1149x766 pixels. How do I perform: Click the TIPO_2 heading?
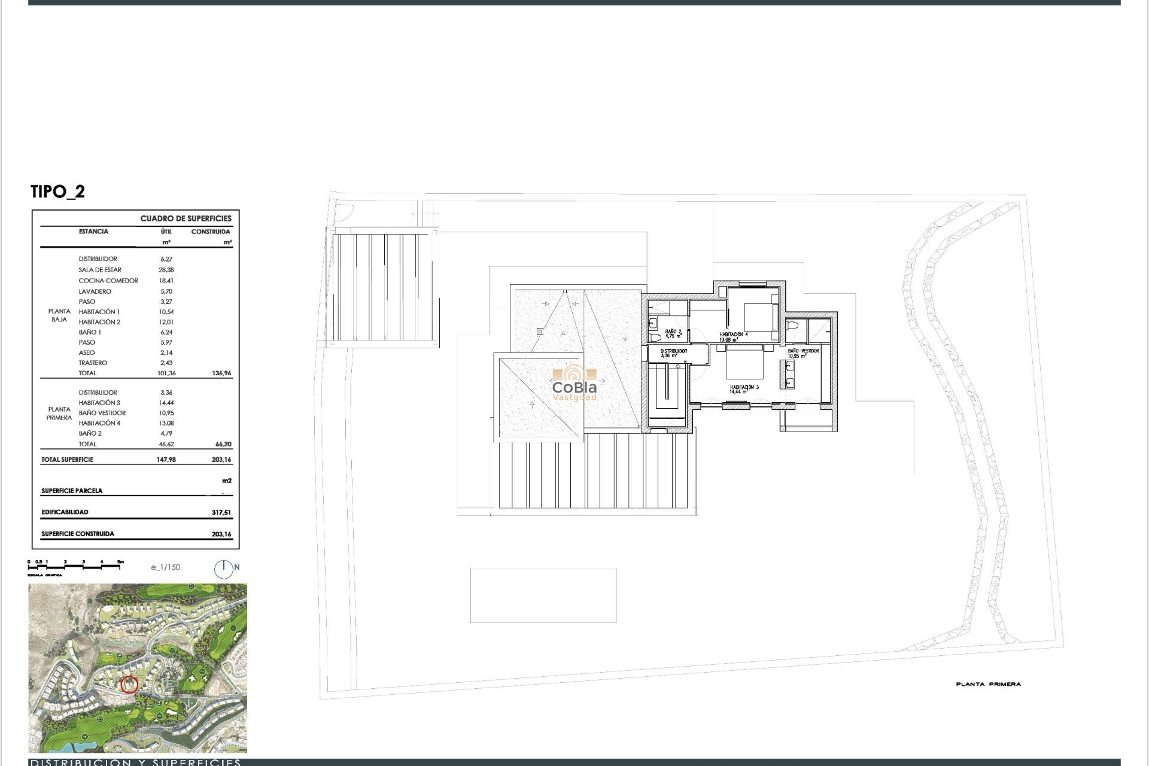[x=58, y=191]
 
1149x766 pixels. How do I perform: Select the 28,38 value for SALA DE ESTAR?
[x=166, y=270]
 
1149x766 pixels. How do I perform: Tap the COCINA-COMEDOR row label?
[x=108, y=281]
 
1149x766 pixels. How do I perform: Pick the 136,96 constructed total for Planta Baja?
[x=221, y=373]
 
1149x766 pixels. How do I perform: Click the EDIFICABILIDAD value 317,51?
[x=221, y=513]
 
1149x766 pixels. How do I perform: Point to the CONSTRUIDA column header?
[x=211, y=232]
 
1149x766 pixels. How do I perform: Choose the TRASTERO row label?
[x=93, y=363]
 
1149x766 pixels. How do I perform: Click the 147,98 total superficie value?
[x=166, y=460]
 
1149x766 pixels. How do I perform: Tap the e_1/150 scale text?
[x=166, y=567]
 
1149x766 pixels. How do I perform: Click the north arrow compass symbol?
[x=224, y=569]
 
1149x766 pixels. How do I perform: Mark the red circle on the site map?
[x=129, y=685]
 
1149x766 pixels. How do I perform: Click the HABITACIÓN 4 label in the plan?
[x=734, y=335]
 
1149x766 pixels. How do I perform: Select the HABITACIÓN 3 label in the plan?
[x=744, y=388]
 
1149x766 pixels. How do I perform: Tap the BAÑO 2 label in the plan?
[x=673, y=332]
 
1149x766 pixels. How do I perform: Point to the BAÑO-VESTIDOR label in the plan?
[x=803, y=351]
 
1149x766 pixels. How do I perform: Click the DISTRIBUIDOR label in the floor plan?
[x=674, y=351]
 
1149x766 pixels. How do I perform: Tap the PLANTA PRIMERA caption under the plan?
[x=988, y=684]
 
